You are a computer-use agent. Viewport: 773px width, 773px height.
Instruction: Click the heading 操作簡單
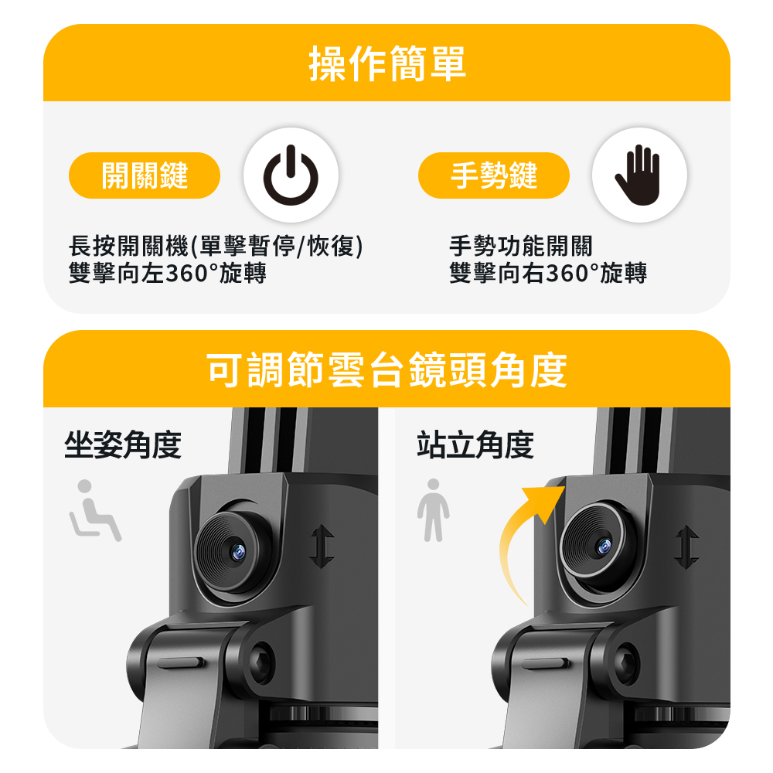[387, 63]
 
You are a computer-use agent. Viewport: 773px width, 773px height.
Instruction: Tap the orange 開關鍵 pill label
[145, 175]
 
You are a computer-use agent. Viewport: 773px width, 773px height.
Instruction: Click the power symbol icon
[291, 175]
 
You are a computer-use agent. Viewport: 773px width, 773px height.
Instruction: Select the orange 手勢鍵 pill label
[493, 175]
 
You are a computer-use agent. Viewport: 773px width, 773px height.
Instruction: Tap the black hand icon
[638, 175]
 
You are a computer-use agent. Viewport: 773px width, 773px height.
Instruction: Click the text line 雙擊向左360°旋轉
[168, 273]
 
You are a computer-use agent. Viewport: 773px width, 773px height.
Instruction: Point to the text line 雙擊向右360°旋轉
[548, 273]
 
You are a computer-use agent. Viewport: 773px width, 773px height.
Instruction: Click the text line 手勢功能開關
[520, 246]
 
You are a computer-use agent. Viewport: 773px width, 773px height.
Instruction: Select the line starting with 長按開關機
[216, 246]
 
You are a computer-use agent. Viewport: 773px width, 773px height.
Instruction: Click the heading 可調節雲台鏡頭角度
[387, 369]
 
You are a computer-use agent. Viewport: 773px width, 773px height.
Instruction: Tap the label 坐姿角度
[123, 444]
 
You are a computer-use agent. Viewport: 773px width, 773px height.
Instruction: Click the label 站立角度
[475, 444]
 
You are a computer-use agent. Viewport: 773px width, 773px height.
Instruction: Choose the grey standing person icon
[434, 510]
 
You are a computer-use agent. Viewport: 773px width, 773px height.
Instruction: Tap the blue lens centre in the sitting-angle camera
[239, 551]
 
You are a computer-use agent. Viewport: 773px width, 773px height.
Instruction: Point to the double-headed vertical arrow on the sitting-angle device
[322, 547]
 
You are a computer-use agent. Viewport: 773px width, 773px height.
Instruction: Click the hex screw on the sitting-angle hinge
[261, 662]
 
